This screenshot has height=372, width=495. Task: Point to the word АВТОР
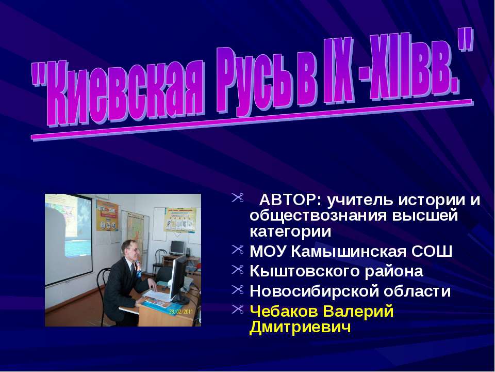[x=288, y=200]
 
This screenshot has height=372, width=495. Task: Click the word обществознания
[x=318, y=216]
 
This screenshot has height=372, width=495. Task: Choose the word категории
[x=290, y=232]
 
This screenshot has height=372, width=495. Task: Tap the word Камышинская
[x=349, y=252]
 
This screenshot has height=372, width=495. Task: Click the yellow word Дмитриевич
[x=300, y=328]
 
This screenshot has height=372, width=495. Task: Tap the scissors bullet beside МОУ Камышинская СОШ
[x=238, y=250]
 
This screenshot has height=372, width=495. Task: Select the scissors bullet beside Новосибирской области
[x=238, y=289]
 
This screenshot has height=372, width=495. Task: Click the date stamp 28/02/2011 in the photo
[x=180, y=312]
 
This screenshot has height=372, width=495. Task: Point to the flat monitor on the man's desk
[x=179, y=278]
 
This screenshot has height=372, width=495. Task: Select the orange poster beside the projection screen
[x=107, y=215]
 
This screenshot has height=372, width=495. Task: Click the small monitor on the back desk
[x=177, y=247]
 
